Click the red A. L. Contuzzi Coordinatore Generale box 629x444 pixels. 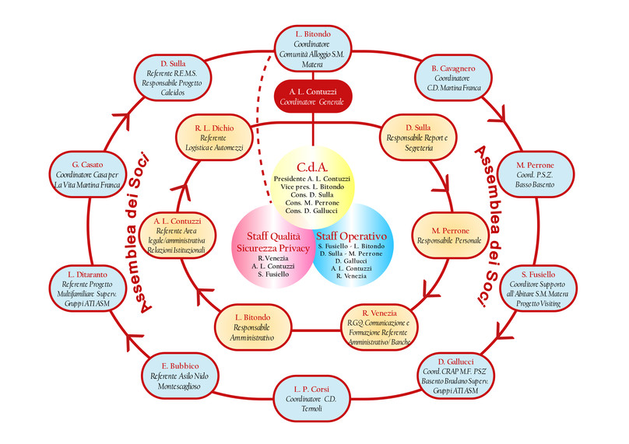[314, 96]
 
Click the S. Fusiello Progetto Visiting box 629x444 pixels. [538, 289]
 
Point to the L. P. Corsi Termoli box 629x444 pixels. [314, 399]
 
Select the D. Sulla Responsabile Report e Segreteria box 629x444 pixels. [418, 137]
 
